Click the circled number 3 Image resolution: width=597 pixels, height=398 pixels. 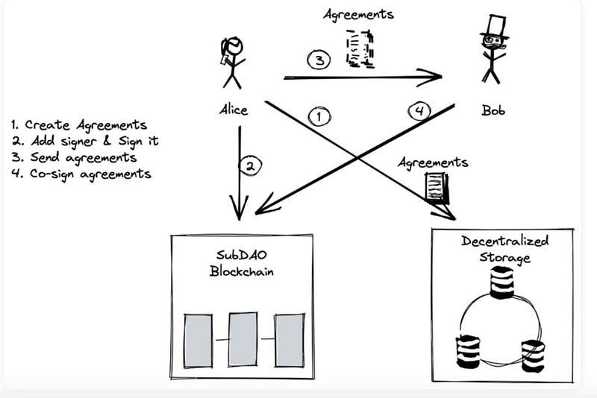pos(319,60)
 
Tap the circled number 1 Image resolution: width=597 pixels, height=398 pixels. pos(319,117)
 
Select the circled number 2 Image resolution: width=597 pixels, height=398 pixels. pos(250,166)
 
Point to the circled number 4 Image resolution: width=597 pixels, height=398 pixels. pos(419,111)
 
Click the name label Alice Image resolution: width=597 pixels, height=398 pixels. pos(234,110)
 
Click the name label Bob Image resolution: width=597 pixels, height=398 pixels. pos(493,110)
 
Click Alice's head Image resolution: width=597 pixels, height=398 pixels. pos(234,47)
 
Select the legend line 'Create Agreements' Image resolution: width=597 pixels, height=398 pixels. pos(79,125)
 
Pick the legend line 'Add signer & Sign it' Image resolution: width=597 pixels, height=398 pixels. pos(85,141)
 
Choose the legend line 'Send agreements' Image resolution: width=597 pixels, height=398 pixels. pos(74,157)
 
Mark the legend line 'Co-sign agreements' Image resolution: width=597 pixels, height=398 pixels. pos(81,174)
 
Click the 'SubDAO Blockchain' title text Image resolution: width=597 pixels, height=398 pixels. pos(241,263)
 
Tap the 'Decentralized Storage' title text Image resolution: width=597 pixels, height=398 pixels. pos(505,249)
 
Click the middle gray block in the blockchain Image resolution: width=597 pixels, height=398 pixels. pos(243,339)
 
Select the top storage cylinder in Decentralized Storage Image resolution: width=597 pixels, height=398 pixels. pos(501,282)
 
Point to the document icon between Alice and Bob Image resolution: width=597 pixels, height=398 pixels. pos(360,48)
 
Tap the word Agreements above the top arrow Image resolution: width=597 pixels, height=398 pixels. pos(358,15)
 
